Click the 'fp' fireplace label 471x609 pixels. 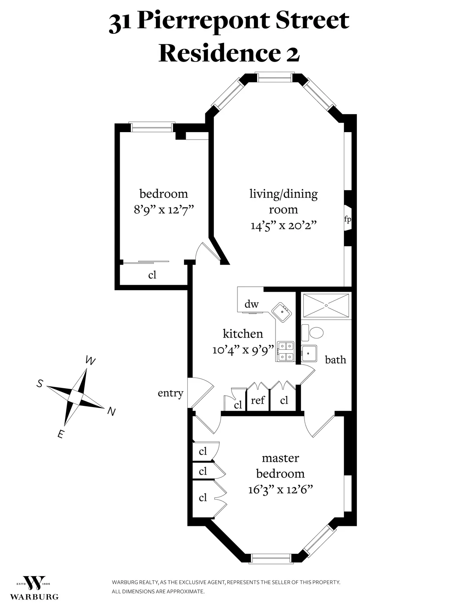347,219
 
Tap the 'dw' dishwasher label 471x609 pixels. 252,304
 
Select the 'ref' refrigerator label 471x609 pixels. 258,400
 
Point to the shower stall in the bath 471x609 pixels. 325,305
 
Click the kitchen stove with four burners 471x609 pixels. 285,351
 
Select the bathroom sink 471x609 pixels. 309,353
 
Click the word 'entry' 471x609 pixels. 170,393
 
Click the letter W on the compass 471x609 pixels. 90,361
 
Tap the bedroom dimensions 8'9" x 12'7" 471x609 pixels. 164,209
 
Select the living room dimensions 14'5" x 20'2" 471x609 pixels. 283,225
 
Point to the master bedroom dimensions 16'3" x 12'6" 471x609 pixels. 280,489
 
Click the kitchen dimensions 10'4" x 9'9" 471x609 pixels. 243,349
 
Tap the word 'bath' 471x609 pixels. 336,360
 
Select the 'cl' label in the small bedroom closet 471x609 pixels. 152,275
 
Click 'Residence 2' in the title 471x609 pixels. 229,54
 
